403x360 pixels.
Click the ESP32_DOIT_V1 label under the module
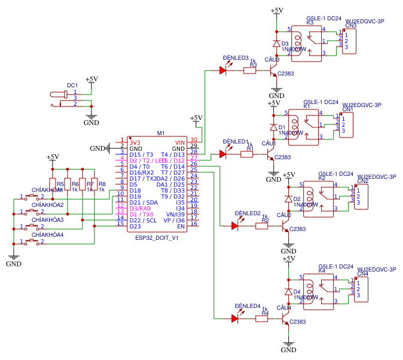[x=157, y=237]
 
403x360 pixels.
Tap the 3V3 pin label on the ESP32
[x=135, y=142]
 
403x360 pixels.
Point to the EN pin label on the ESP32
[x=181, y=226]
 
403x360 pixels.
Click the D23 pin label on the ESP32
[x=135, y=226]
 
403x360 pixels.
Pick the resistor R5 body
[x=53, y=184]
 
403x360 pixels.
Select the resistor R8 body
[x=94, y=184]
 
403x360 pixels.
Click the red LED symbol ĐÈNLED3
[x=223, y=71]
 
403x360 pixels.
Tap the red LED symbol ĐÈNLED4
[x=235, y=319]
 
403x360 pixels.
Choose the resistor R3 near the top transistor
[x=249, y=71]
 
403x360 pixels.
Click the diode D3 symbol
[x=276, y=44]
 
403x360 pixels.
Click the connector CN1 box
[x=346, y=123]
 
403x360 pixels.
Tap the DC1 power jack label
[x=72, y=86]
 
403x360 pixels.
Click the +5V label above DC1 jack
[x=91, y=79]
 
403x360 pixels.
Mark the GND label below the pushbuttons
[x=14, y=263]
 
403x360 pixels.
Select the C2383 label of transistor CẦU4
[x=297, y=322]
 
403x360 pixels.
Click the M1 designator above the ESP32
[x=160, y=133]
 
